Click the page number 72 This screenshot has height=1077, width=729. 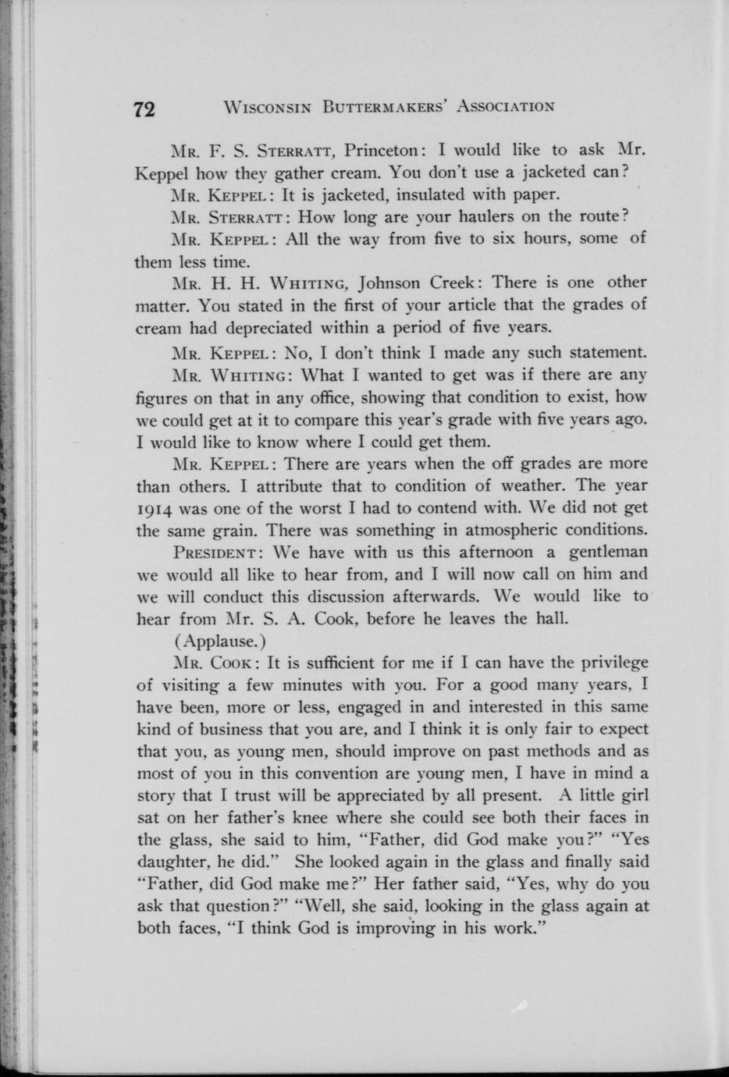pyautogui.click(x=145, y=108)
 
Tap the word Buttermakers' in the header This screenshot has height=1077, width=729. pyautogui.click(x=383, y=106)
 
